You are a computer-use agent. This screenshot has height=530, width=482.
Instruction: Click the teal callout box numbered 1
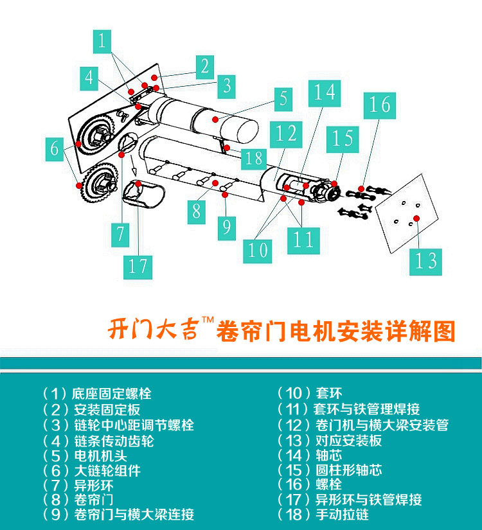pyautogui.click(x=102, y=41)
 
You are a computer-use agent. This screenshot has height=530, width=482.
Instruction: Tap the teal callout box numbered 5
pyautogui.click(x=283, y=100)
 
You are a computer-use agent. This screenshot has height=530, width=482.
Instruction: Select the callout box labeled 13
pyautogui.click(x=425, y=261)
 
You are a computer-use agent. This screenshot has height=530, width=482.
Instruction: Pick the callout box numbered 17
pyautogui.click(x=138, y=267)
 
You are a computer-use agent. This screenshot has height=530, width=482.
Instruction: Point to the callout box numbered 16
pyautogui.click(x=380, y=105)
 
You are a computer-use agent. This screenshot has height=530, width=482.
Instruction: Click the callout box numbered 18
pyautogui.click(x=254, y=158)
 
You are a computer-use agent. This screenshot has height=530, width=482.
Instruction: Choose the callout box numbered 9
pyautogui.click(x=227, y=228)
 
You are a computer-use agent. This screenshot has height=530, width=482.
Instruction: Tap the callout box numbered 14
pyautogui.click(x=325, y=93)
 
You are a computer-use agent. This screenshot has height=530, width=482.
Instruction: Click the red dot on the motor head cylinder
pyautogui.click(x=215, y=119)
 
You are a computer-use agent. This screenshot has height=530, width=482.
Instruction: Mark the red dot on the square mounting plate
pyautogui.click(x=416, y=218)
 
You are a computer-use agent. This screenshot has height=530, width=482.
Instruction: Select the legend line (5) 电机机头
pyautogui.click(x=85, y=456)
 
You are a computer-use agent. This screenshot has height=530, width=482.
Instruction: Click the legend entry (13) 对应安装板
pyautogui.click(x=329, y=441)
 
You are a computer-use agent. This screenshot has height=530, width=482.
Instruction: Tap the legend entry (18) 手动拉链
pyautogui.click(x=323, y=515)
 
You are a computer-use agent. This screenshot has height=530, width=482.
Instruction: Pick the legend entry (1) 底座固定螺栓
pyautogui.click(x=97, y=393)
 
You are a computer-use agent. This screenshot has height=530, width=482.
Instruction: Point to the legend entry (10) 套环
pyautogui.click(x=310, y=393)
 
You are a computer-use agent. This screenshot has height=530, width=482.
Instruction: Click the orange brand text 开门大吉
pyautogui.click(x=153, y=328)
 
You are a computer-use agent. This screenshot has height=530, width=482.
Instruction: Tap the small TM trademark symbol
pyautogui.click(x=208, y=319)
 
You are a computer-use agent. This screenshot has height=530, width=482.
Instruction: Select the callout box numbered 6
pyautogui.click(x=55, y=149)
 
